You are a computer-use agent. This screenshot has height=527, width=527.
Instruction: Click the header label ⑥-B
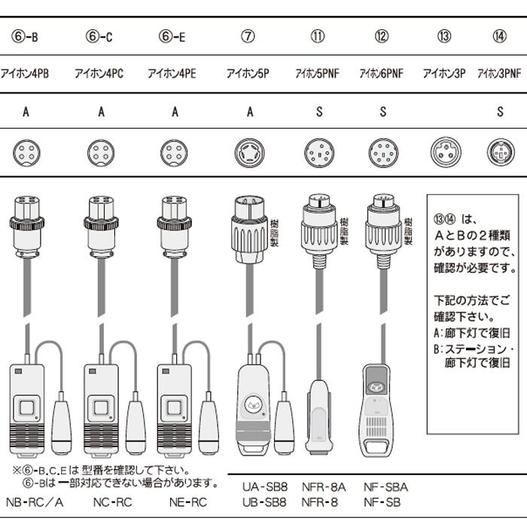[x=26, y=35]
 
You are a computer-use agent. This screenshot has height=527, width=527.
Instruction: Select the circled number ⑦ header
[x=247, y=35]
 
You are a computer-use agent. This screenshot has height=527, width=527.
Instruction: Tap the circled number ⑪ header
[x=318, y=35]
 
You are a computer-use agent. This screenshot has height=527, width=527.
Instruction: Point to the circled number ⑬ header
[x=443, y=35]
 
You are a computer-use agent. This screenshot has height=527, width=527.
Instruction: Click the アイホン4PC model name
[x=99, y=74]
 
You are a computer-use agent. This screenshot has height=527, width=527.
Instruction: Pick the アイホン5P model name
[x=247, y=74]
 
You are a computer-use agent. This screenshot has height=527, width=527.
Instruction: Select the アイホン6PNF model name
[x=381, y=74]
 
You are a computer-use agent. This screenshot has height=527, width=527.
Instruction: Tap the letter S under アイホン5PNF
[x=319, y=112]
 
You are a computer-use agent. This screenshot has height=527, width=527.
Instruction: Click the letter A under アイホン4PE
[x=175, y=112]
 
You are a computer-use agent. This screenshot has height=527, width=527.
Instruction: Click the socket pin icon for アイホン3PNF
[x=500, y=153]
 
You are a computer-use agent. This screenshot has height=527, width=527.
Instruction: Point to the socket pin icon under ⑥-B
[x=26, y=153]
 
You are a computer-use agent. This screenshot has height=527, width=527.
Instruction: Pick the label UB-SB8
[x=263, y=501]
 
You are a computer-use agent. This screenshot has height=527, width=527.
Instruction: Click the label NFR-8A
[x=323, y=487]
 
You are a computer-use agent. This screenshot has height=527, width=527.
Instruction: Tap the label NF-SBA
[x=385, y=487]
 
